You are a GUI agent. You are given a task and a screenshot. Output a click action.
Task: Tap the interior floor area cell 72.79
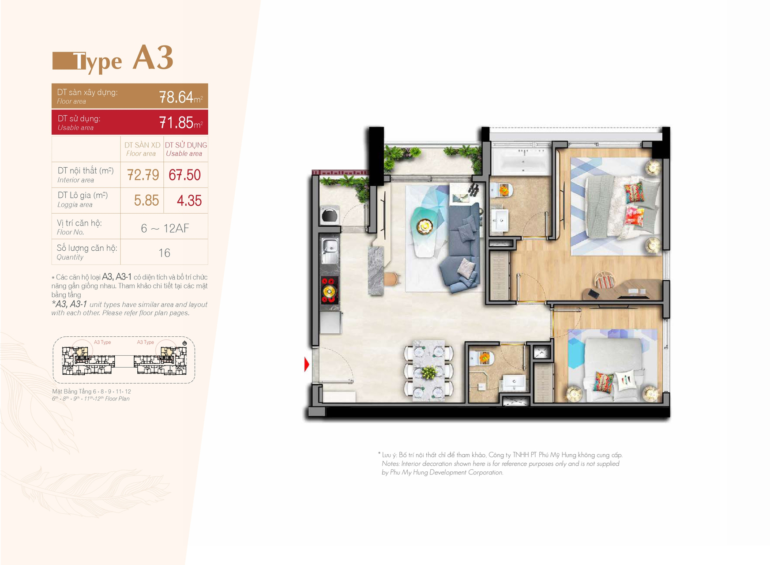tap(143, 175)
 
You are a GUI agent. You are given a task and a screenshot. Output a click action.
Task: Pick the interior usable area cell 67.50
tap(184, 175)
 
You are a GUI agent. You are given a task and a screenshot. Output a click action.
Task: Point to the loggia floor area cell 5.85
tap(146, 200)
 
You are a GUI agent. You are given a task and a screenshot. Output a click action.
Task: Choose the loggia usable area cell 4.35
tap(189, 200)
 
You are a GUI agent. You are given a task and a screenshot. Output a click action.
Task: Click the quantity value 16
tap(164, 253)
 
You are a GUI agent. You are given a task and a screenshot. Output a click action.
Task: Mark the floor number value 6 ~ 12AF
tap(165, 228)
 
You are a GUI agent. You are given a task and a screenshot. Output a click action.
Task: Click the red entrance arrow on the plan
tap(307, 365)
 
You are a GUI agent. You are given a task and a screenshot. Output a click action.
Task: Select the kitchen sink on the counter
tap(330, 248)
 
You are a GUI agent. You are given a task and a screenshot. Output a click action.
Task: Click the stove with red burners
tap(330, 290)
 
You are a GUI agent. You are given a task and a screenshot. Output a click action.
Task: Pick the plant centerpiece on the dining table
tap(428, 372)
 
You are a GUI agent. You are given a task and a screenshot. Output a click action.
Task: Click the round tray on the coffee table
tap(425, 226)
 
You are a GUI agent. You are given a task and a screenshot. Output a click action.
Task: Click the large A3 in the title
tap(153, 57)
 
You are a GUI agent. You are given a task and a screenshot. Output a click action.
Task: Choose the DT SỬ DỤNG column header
tap(186, 145)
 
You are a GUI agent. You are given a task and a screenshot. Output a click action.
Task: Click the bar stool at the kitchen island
tap(392, 279)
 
